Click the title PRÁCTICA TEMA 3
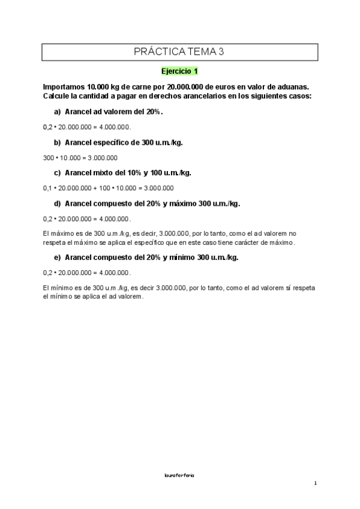179,52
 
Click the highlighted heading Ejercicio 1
179,71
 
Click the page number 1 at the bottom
315,484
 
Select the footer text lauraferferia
179,475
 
